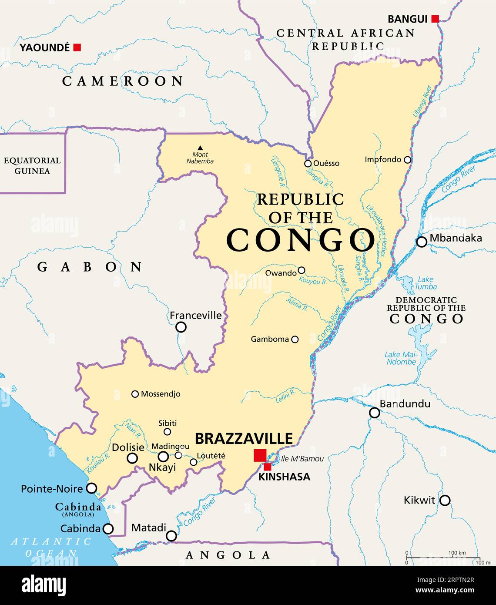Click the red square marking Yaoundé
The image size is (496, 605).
click(x=77, y=47)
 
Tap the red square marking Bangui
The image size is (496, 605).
click(x=435, y=19)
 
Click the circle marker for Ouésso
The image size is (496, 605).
click(x=308, y=164)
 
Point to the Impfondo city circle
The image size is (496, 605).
click(x=407, y=160)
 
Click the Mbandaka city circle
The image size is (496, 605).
click(x=421, y=242)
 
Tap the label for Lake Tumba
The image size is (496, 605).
click(x=425, y=283)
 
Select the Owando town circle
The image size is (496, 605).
click(x=301, y=270)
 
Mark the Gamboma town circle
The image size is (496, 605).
click(x=295, y=339)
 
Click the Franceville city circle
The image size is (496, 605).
click(x=181, y=327)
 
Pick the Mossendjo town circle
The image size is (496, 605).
click(x=135, y=394)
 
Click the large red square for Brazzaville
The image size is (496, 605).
click(x=260, y=455)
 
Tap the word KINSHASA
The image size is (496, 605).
click(x=284, y=477)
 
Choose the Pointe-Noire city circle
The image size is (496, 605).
click(x=91, y=488)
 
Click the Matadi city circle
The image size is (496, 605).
click(x=172, y=536)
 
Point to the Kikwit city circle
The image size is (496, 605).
click(x=444, y=500)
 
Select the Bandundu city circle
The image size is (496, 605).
click(x=374, y=413)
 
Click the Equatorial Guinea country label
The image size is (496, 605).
click(x=32, y=165)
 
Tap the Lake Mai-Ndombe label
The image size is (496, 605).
click(x=401, y=358)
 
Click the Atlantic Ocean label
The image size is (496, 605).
click(x=51, y=547)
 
